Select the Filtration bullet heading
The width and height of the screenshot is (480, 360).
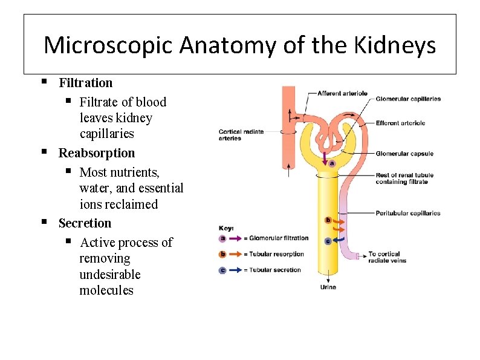point(85,83)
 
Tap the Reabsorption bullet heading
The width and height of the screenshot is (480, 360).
point(96,153)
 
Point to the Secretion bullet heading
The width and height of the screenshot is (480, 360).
point(85,223)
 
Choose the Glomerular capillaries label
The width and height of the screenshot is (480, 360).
point(408,99)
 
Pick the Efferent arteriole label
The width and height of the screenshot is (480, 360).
point(400,123)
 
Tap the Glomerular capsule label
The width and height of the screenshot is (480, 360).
point(404,154)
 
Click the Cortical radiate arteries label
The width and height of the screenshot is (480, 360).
point(241,135)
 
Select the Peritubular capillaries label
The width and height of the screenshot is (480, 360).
point(407,213)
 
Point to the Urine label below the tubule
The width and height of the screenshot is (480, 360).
point(328,287)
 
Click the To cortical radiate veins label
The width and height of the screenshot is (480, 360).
point(388,257)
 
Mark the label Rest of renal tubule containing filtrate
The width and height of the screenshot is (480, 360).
point(404,178)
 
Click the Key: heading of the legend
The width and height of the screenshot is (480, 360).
point(226,228)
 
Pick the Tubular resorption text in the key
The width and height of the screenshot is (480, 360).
point(276,254)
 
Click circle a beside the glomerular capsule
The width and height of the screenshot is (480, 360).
point(332,163)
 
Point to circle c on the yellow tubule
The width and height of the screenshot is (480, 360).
point(328,241)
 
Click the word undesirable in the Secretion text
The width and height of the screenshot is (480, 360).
point(109,275)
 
